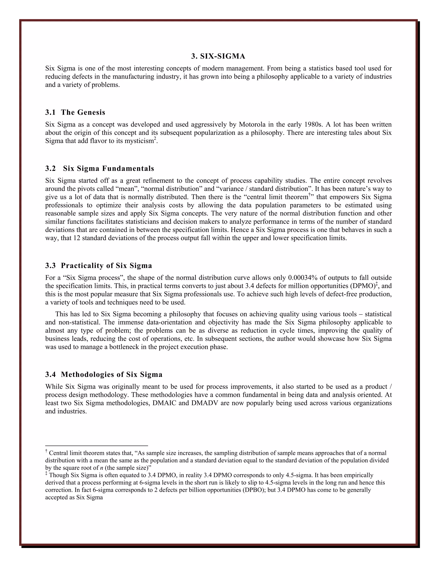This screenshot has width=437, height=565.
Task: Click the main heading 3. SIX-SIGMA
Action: pos(218,56)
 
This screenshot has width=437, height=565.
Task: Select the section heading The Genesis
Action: pos(75,112)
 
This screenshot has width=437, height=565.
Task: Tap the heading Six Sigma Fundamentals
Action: pos(100,168)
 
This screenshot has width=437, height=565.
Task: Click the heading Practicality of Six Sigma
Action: pos(99,266)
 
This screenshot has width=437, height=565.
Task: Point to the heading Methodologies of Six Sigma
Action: pos(104,375)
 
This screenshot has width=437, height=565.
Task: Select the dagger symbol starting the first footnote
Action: pos(46,451)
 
